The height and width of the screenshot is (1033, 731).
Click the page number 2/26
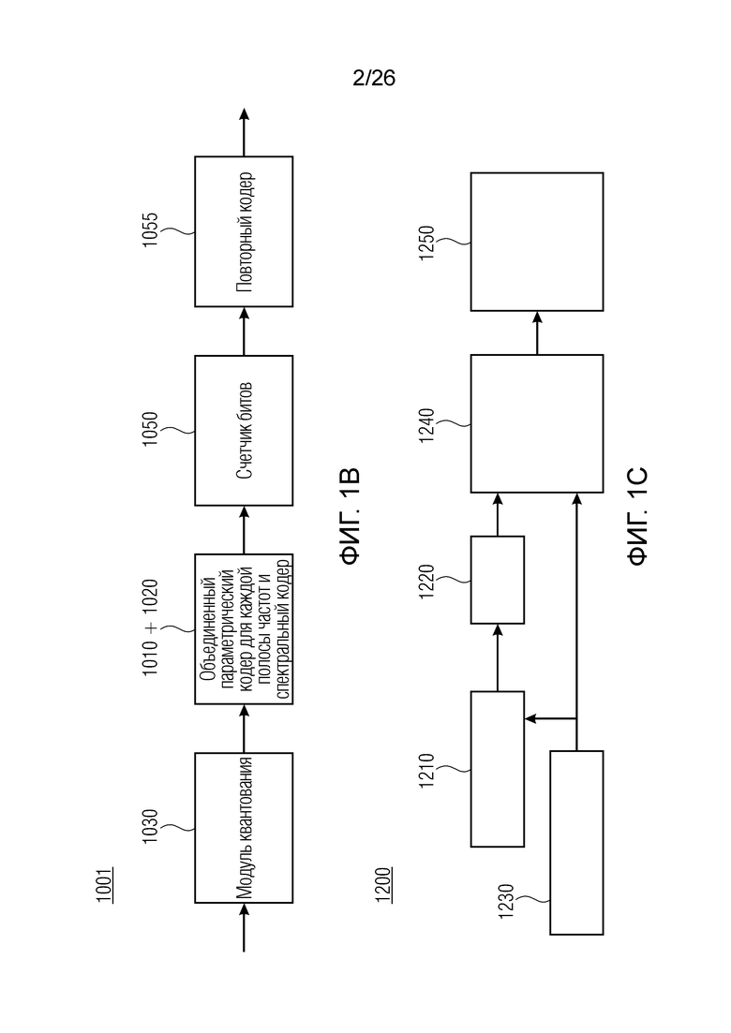coord(374,79)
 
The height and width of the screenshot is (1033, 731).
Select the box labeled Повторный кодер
coord(244,231)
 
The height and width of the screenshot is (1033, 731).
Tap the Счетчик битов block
coord(244,430)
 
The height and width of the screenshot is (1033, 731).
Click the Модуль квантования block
coord(244,828)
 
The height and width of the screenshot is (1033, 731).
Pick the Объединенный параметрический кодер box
coord(244,629)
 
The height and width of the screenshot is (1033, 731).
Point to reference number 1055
coord(150,230)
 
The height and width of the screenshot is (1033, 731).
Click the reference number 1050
coord(150,429)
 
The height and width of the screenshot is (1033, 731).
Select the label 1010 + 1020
coord(150,627)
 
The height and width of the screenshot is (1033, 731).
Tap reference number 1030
coord(150,827)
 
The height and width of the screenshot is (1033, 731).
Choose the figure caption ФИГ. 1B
coord(350,517)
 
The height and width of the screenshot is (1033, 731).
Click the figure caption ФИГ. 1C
coord(638,517)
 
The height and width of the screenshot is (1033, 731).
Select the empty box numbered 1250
coord(537,242)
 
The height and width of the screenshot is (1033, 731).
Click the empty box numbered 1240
coord(537,423)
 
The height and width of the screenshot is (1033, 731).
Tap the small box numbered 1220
coord(498,580)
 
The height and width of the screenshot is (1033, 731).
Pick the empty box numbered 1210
coord(498,769)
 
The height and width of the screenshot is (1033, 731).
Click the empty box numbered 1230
coord(576,843)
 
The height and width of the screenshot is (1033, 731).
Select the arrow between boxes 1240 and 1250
coord(537,332)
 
